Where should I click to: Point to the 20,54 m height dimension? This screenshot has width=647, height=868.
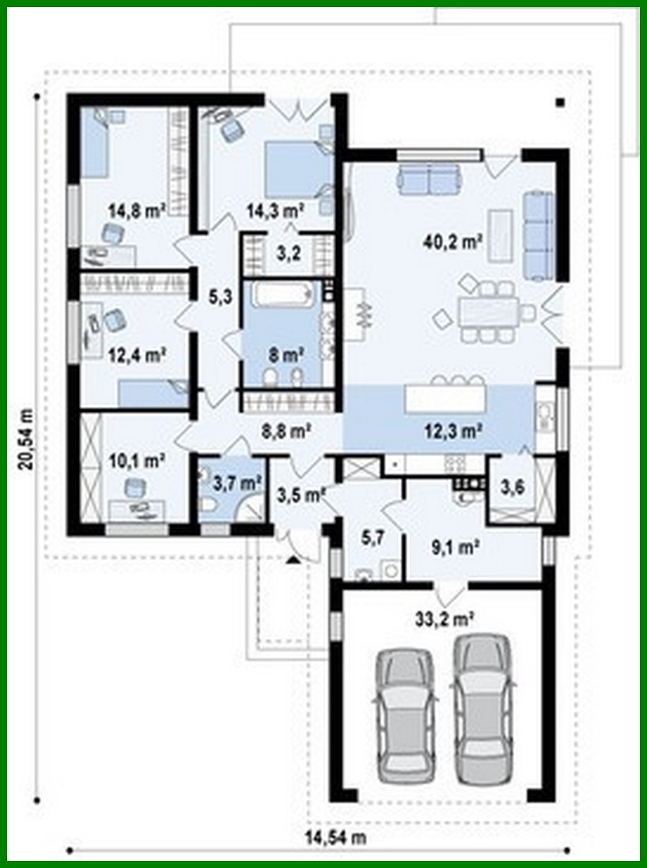coord(27,439)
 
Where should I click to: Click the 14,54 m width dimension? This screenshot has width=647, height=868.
coord(336,836)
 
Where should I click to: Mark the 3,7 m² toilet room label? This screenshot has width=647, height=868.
coord(238,481)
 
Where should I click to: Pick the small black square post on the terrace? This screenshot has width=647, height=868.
coord(560,102)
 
